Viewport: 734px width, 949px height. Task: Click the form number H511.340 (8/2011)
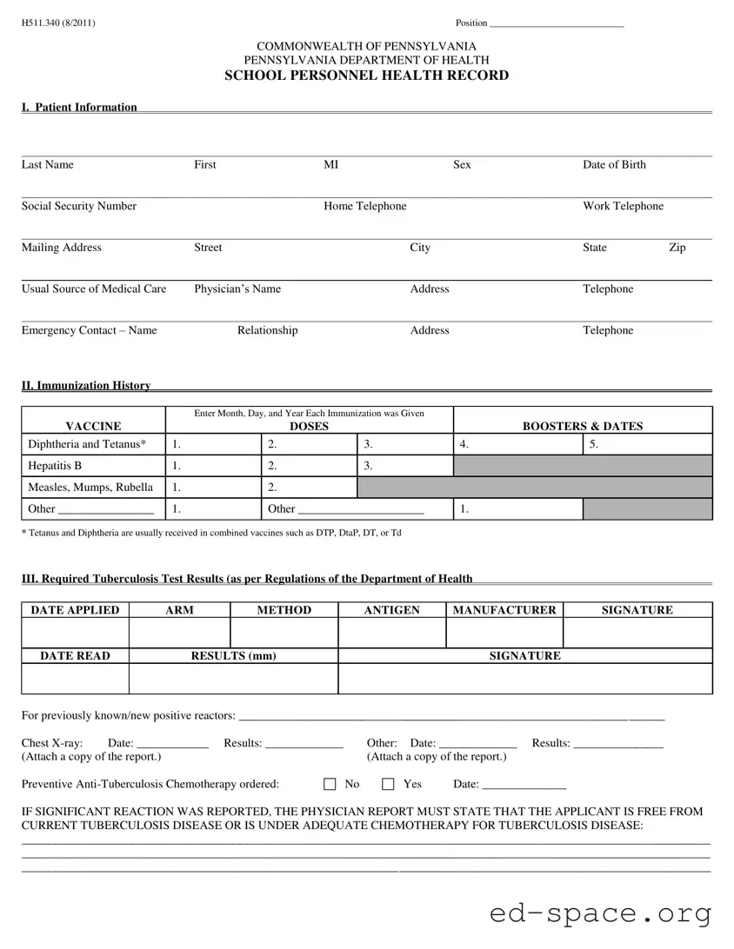tap(59, 23)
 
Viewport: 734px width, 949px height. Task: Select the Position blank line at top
tap(557, 24)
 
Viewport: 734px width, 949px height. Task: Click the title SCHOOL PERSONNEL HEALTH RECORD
tap(366, 76)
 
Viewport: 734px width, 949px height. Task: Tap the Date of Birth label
tap(614, 165)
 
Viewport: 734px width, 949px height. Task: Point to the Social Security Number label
tap(79, 206)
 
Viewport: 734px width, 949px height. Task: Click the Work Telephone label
tap(623, 206)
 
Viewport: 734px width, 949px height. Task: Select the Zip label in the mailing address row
tap(677, 248)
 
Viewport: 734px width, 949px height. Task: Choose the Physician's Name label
tap(237, 289)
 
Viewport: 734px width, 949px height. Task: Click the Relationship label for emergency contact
tap(267, 330)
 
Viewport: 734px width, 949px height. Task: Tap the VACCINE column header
tap(93, 426)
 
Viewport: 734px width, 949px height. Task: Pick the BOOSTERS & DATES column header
tap(582, 426)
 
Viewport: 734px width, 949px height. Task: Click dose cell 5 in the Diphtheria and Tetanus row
tap(647, 445)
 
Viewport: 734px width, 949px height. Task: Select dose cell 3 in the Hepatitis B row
tap(404, 467)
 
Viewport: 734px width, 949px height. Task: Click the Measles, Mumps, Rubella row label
tap(90, 488)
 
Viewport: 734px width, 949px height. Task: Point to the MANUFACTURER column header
tap(504, 610)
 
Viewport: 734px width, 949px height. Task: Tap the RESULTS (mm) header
tap(233, 656)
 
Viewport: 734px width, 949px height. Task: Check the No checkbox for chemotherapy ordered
tap(330, 785)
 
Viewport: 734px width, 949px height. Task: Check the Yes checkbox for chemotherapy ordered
tap(388, 785)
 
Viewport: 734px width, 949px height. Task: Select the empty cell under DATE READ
tap(76, 679)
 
